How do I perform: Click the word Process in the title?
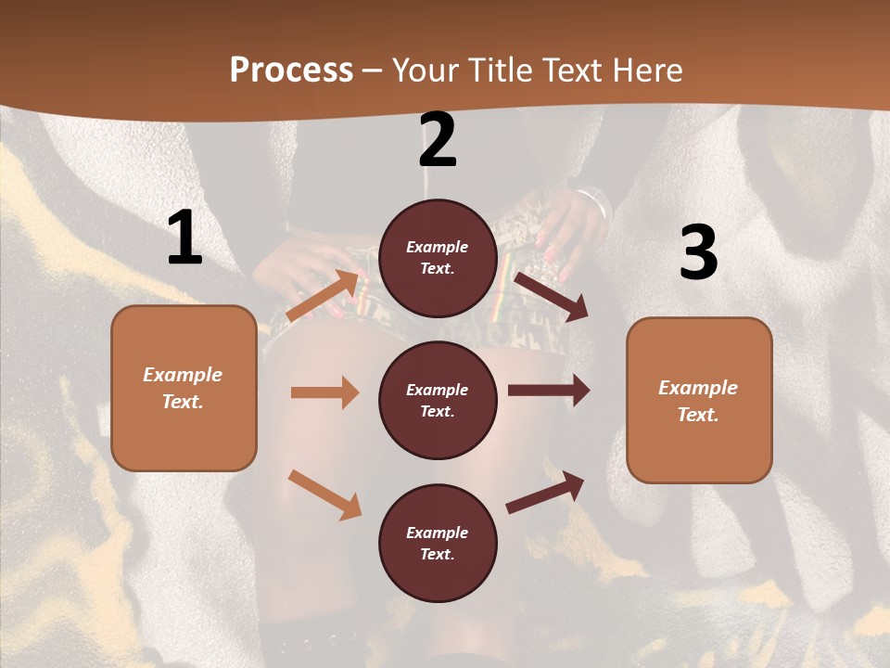pos(291,70)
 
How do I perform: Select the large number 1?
pos(184,238)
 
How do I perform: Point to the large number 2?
pos(438,141)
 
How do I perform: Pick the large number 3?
pos(698,253)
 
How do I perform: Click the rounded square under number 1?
pos(184,388)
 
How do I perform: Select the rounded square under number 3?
pos(699,400)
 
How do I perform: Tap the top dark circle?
pos(438,258)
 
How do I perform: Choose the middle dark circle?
pos(438,400)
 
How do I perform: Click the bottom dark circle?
pos(438,543)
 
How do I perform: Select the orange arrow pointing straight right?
pos(324,392)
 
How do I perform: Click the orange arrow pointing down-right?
pos(324,495)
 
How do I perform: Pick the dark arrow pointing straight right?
pos(549,392)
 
